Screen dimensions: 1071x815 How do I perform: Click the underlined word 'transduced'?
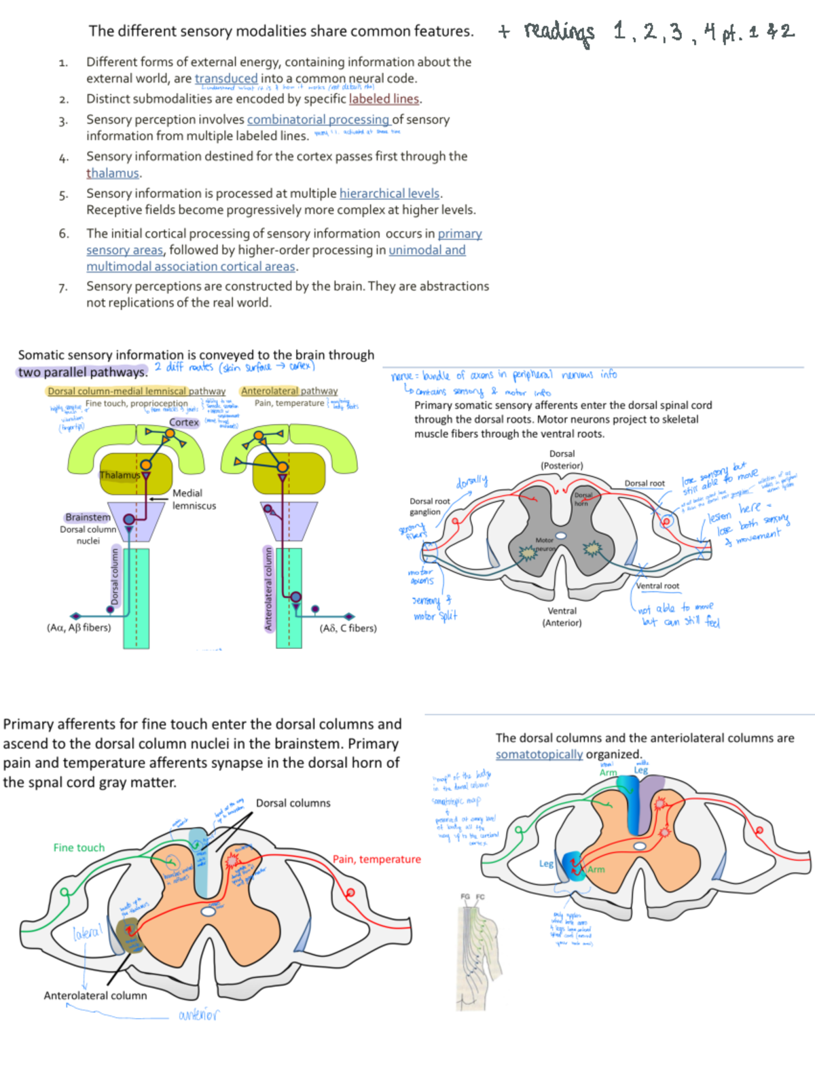point(226,79)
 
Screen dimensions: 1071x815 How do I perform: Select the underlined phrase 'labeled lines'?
point(384,99)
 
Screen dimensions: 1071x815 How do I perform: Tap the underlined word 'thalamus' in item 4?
point(113,173)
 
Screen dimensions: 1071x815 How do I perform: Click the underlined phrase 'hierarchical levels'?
point(390,194)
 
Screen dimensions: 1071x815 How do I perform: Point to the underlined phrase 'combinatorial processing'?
point(318,120)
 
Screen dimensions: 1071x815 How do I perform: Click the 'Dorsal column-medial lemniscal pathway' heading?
point(137,391)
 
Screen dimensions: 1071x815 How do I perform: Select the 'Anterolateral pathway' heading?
point(289,391)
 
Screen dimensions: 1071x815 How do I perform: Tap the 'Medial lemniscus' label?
point(194,499)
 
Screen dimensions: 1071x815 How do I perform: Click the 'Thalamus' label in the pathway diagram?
point(120,475)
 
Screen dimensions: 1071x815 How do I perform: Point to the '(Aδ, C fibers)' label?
point(348,629)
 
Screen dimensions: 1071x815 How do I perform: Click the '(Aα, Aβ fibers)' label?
point(79,628)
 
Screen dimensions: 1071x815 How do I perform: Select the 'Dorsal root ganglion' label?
point(429,506)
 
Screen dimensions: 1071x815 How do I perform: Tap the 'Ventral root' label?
point(657,586)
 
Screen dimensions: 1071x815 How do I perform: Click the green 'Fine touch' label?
point(79,848)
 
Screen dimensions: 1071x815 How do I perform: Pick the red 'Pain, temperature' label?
point(376,860)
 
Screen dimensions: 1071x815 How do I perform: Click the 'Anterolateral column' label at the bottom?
point(95,996)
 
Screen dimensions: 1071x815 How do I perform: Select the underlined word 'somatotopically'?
point(539,755)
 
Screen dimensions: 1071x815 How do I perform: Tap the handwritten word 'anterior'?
point(198,1015)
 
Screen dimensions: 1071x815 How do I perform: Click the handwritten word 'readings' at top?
point(559,32)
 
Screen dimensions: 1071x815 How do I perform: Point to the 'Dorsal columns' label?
point(293,803)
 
